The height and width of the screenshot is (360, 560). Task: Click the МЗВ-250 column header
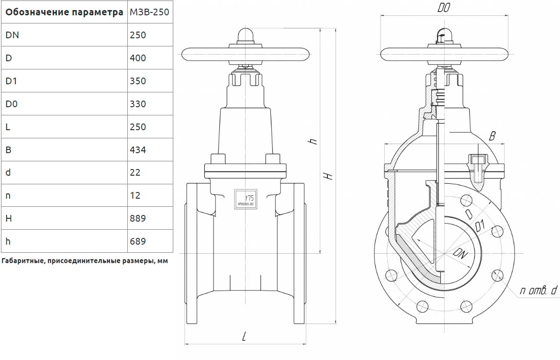coord(149,12)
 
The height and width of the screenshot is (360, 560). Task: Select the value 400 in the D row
coord(138,58)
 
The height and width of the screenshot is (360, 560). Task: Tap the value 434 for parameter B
coord(138,150)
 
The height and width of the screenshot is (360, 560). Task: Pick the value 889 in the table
coord(138,218)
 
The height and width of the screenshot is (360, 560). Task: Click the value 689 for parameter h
coord(138,241)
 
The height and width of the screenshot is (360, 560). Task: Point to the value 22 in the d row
coord(135,172)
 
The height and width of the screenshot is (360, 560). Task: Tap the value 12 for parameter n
coord(135,195)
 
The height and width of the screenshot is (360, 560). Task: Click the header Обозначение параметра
coord(64,12)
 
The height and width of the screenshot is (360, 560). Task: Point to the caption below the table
coord(85,261)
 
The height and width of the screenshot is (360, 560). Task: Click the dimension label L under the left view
coord(244,337)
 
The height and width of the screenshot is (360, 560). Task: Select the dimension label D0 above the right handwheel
coord(444,8)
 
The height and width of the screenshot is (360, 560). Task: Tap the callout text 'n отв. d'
coord(539,290)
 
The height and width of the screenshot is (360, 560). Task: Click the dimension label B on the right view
coord(492,136)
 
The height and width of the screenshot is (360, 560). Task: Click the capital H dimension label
coord(328,176)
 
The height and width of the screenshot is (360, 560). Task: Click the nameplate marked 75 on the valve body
coord(246,199)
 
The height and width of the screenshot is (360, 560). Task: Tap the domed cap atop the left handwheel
coord(246,35)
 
